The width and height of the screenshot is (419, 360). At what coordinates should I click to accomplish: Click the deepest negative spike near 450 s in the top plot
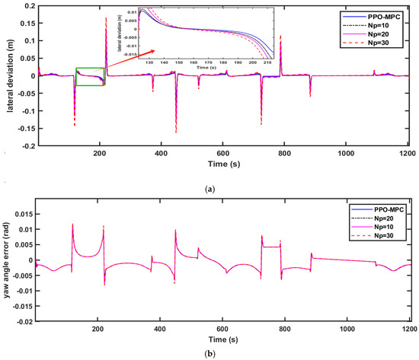click(176, 131)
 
